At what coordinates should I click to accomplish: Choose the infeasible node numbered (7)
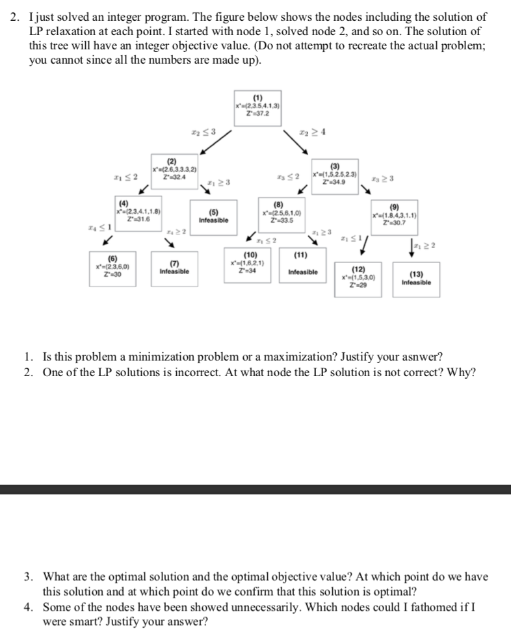[x=174, y=267]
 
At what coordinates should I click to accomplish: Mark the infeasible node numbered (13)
[x=415, y=279]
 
